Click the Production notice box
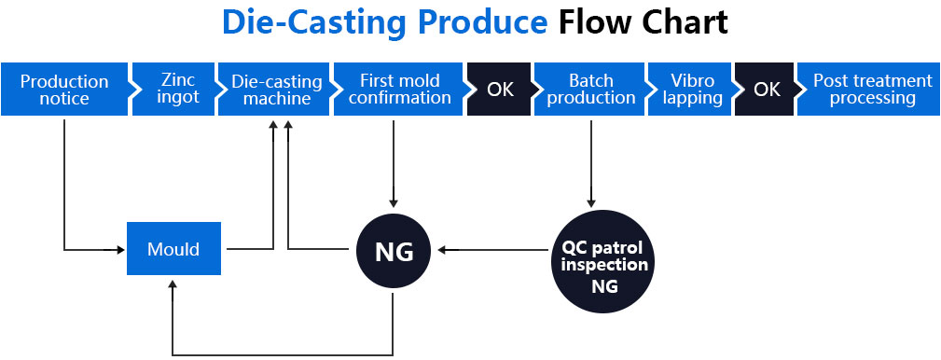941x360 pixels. pyautogui.click(x=64, y=89)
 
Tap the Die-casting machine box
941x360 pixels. pyautogui.click(x=275, y=89)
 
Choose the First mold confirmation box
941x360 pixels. pyautogui.click(x=398, y=89)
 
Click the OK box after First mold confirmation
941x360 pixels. pyautogui.click(x=499, y=89)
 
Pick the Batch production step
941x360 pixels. pyautogui.click(x=590, y=89)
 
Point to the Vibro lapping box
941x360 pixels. pyautogui.click(x=691, y=89)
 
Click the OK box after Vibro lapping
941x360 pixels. pyautogui.click(x=766, y=89)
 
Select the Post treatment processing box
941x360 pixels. pyautogui.click(x=869, y=89)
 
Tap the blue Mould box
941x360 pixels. pyautogui.click(x=174, y=248)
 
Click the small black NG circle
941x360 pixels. pyautogui.click(x=394, y=251)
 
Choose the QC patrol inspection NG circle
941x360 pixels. pyautogui.click(x=603, y=262)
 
